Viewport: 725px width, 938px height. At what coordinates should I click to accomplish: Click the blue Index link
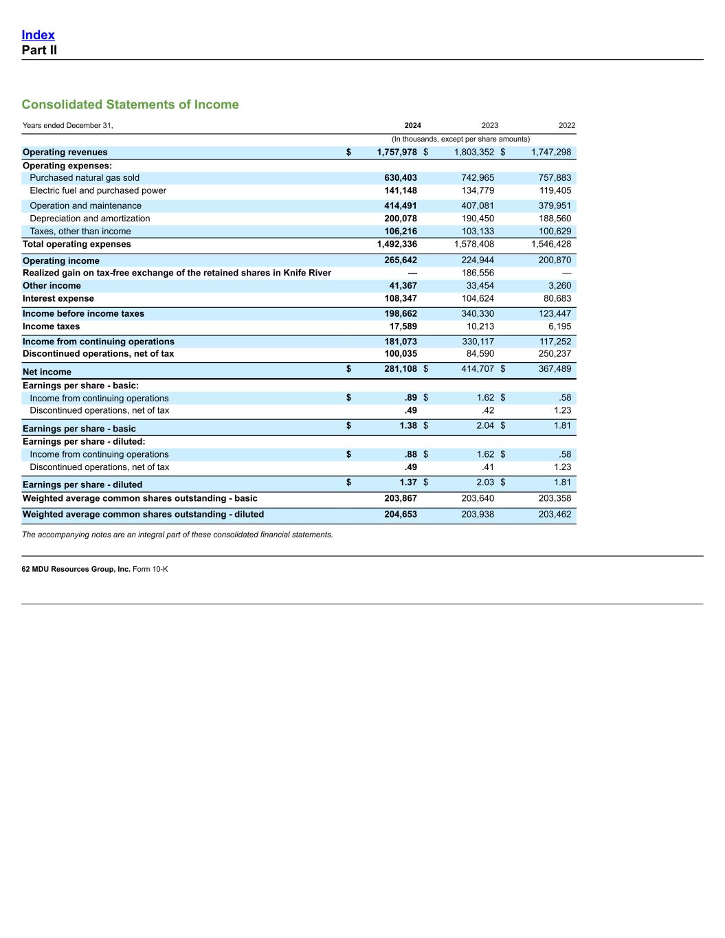pos(38,35)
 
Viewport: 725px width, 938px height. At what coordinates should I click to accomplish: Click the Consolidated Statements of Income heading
pos(130,104)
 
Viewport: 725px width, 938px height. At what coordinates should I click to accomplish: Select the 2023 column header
pos(489,126)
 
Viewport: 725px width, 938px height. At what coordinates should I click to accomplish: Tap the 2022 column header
pos(566,126)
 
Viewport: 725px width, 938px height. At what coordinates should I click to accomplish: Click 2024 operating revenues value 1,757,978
pos(397,153)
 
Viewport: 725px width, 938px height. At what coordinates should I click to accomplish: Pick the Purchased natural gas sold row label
pos(85,178)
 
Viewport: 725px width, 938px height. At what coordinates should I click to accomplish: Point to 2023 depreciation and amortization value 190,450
pos(478,219)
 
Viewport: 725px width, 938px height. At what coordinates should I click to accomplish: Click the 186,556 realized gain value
pos(478,273)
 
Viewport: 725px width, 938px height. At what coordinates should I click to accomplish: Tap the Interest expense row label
pos(58,298)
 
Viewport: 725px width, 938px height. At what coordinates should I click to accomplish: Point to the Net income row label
pos(47,372)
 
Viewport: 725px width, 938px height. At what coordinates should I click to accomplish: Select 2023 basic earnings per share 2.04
pos(485,425)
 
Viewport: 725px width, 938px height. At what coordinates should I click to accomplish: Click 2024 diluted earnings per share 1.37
pos(408,482)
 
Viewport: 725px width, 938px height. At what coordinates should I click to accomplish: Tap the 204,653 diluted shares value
pos(401,514)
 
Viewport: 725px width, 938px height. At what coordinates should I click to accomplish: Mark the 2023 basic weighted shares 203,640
pos(478,498)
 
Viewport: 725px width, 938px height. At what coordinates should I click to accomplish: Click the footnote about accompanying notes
pos(177,535)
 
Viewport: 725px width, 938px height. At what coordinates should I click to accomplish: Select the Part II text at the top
pos(39,50)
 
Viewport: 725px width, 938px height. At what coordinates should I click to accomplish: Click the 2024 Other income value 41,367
pos(404,286)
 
